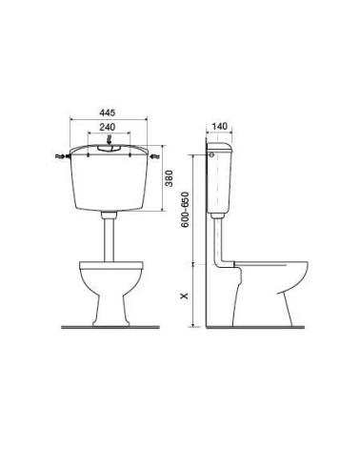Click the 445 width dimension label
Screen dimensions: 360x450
tap(108, 112)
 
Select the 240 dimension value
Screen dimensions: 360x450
tap(108, 127)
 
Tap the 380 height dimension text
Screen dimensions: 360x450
tap(170, 178)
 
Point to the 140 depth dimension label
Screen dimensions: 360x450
tap(220, 127)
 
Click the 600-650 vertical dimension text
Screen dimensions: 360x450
tap(185, 210)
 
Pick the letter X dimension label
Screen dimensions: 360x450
tap(185, 296)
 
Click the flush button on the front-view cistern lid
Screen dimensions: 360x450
tap(109, 148)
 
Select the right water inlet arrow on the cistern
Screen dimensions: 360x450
tap(154, 156)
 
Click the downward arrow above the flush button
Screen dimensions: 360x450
tap(109, 139)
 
